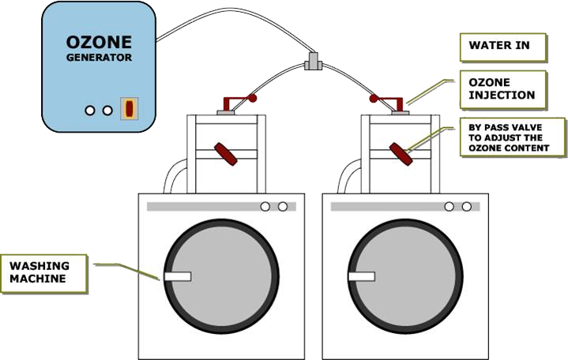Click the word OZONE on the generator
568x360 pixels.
99,43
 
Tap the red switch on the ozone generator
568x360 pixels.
129,108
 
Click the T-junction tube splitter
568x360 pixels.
313,62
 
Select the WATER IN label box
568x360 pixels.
502,47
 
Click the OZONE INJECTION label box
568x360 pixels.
502,89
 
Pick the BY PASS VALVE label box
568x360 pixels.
512,137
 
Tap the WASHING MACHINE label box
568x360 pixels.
43,273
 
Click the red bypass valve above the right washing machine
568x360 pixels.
401,154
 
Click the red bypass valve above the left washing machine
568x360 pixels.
226,154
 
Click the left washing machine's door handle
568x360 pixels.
178,276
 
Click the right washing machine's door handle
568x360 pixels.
362,276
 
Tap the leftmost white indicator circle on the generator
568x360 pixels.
90,111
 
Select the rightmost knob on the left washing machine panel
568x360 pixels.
283,206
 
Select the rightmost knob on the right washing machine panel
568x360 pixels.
467,206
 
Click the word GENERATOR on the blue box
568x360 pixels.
99,58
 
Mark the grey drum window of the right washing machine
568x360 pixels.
406,276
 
